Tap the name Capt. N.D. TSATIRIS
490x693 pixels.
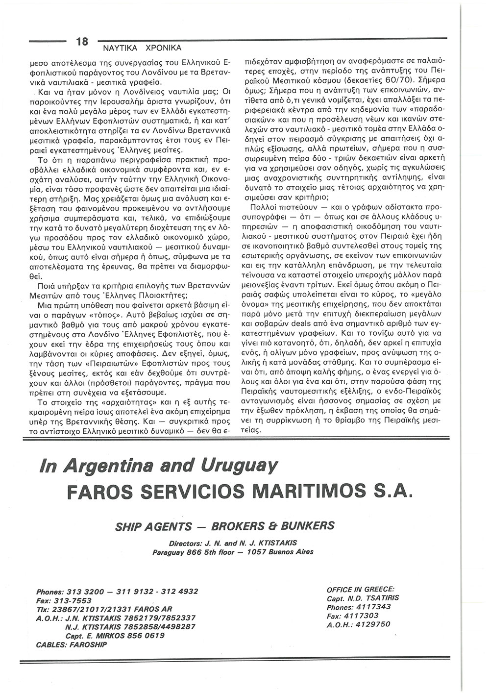click(363, 598)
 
